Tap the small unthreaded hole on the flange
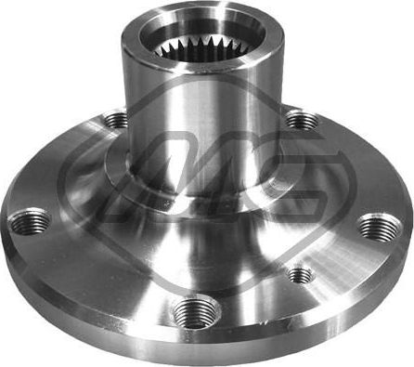click(x=300, y=274)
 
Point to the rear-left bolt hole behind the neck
click(x=115, y=120)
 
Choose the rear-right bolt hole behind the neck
click(x=300, y=119)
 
